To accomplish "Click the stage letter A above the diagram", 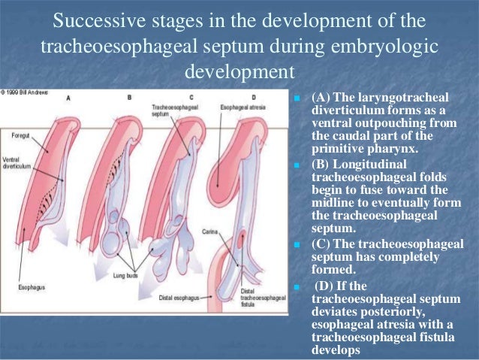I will [68, 97].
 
